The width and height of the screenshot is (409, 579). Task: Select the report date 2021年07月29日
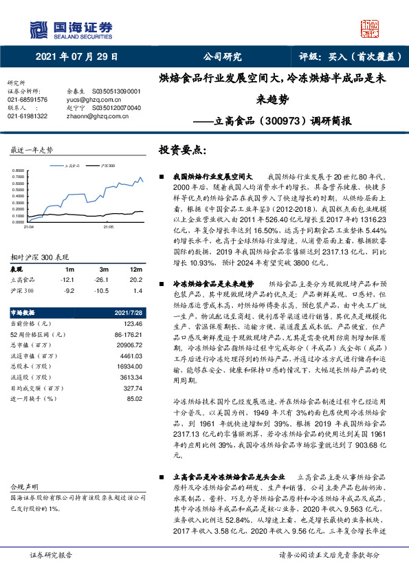point(76,57)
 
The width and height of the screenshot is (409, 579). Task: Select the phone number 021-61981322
point(27,116)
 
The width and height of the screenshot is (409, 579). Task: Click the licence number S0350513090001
point(116,91)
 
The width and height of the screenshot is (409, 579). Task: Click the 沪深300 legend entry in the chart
point(107,166)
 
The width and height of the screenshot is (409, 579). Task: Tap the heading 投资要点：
point(182,149)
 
